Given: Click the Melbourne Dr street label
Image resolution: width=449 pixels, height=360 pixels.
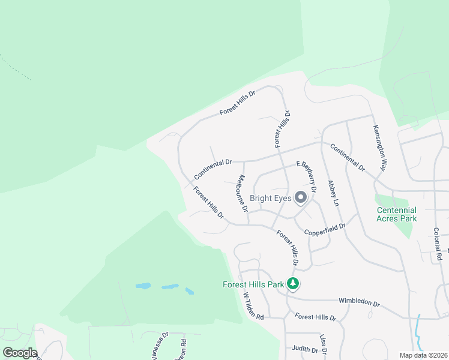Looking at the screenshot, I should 242,194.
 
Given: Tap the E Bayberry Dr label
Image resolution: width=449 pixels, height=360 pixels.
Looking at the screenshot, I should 306,172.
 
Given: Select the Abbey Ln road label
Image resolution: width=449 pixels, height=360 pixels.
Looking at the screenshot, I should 333,193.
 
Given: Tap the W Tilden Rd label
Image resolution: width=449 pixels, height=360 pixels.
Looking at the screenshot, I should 253,305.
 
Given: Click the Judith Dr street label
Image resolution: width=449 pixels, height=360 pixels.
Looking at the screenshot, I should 304,349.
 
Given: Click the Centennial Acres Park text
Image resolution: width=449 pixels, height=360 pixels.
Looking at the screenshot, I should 396,214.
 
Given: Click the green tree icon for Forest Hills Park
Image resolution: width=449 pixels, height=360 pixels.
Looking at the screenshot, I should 292,283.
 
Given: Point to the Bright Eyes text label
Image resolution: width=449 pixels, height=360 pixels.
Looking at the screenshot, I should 270,197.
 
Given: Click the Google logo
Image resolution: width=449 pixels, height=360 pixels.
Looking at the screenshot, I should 19,353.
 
